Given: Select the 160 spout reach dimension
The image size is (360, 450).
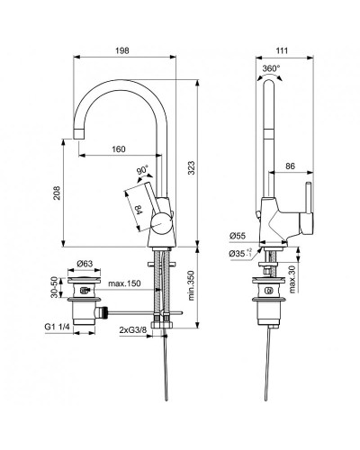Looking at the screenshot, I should [x=118, y=149].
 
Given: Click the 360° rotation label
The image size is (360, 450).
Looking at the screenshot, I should [x=271, y=68].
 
